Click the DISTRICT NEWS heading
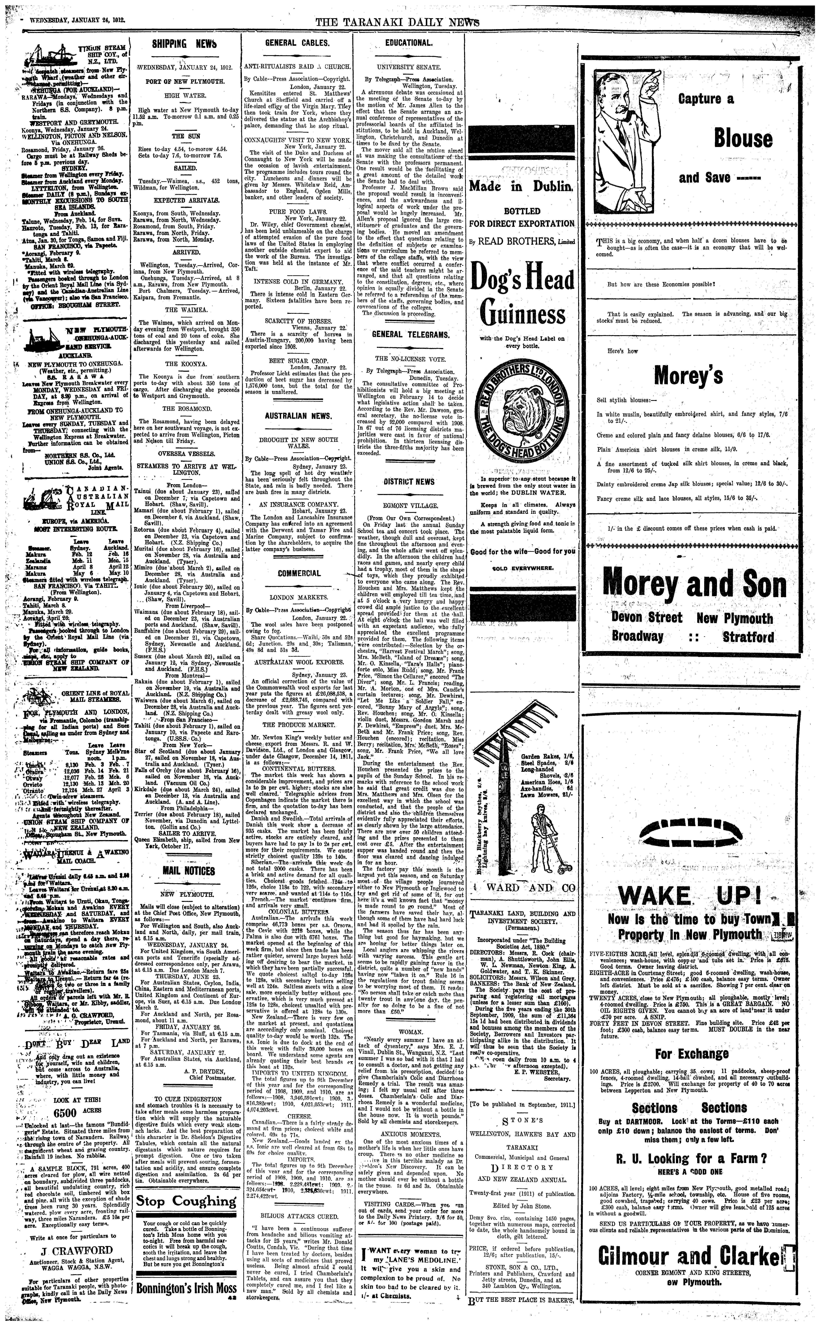point(409,482)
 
